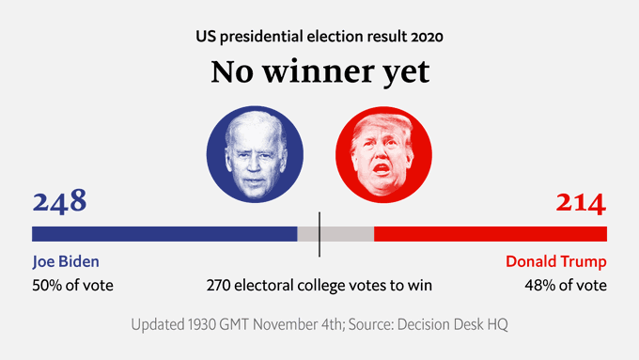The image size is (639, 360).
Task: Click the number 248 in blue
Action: point(59,202)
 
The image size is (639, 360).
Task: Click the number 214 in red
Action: point(581,202)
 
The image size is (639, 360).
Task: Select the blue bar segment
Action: point(164,234)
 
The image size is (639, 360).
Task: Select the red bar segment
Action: point(490,234)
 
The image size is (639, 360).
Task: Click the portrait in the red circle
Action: point(383,154)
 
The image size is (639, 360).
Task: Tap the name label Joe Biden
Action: point(66,262)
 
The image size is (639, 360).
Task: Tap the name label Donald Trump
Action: point(555,262)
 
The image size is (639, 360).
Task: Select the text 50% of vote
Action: point(73,285)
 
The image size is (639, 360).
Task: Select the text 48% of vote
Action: point(565,285)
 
